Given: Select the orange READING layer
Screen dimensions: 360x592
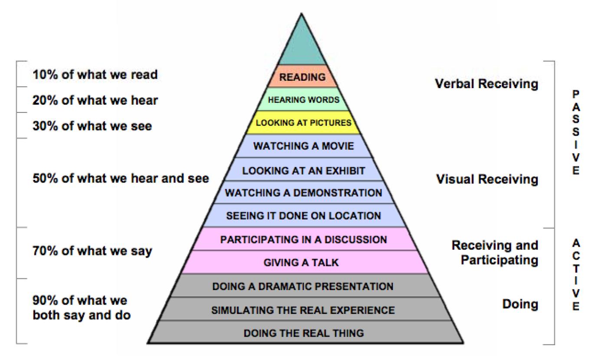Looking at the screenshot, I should click(x=303, y=77).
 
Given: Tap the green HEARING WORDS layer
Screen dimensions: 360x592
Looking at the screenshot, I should click(x=303, y=100).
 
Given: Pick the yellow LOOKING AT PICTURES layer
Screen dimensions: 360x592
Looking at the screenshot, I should click(x=303, y=123).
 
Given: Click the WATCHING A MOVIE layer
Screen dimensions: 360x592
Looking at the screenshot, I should click(x=303, y=146).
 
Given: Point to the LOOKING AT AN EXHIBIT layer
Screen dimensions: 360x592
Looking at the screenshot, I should click(x=303, y=170).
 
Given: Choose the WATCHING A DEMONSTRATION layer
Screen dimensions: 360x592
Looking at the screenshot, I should click(x=303, y=192).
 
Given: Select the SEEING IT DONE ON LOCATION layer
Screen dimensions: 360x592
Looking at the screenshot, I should click(x=303, y=215).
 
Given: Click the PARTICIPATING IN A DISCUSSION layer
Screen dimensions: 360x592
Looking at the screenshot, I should click(x=303, y=239).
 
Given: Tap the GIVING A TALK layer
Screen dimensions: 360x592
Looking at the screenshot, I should click(x=303, y=262).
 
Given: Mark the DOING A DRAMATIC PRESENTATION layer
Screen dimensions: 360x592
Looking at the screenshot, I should click(x=303, y=286).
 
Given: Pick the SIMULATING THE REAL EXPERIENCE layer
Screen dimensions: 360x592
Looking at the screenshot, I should click(x=303, y=310).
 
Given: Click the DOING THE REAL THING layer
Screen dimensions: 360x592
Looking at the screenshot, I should click(x=303, y=333).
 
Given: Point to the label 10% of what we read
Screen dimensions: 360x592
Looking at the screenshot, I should click(x=95, y=75).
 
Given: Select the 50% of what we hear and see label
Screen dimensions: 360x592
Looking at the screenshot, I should click(x=121, y=178).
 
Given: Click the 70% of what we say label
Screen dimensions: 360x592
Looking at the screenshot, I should click(x=92, y=251).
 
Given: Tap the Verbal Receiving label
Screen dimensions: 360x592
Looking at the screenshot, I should click(x=486, y=84).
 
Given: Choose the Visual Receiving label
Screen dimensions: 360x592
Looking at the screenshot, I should click(x=487, y=179).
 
